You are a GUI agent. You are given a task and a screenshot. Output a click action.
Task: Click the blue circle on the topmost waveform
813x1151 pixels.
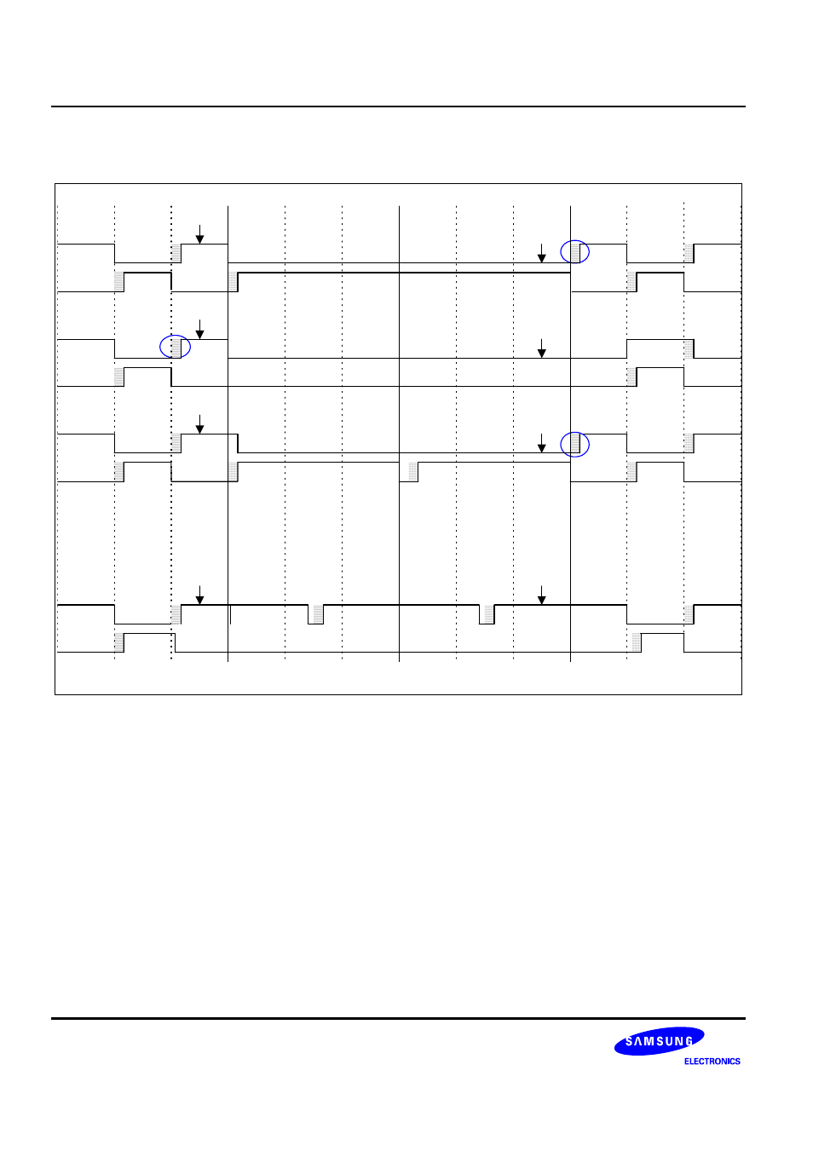pyautogui.click(x=574, y=251)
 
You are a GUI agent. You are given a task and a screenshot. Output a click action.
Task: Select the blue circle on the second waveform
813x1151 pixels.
pyautogui.click(x=175, y=346)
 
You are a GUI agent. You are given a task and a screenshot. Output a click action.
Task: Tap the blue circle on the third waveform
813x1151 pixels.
pyautogui.click(x=574, y=444)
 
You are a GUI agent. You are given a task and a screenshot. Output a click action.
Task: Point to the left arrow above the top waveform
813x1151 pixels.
pyautogui.click(x=200, y=234)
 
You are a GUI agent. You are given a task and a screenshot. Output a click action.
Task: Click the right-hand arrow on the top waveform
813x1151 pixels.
pyautogui.click(x=541, y=253)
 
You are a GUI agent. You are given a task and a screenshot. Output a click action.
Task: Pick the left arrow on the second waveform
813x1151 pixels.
pyautogui.click(x=200, y=329)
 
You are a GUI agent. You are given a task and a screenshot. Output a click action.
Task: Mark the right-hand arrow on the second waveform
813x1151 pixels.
pyautogui.click(x=541, y=348)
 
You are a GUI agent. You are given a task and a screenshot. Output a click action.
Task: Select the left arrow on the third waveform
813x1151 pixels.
pyautogui.click(x=200, y=424)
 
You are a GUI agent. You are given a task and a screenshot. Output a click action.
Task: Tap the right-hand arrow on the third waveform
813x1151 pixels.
pyautogui.click(x=541, y=443)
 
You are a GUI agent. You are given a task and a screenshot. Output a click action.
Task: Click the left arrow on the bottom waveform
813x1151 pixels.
pyautogui.click(x=200, y=595)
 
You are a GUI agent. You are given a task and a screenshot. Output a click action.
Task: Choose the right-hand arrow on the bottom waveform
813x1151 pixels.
pyautogui.click(x=541, y=595)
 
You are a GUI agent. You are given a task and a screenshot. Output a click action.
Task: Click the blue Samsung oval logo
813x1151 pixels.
pyautogui.click(x=659, y=1041)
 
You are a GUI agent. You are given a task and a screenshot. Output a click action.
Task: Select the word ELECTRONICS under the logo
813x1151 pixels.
pyautogui.click(x=712, y=1062)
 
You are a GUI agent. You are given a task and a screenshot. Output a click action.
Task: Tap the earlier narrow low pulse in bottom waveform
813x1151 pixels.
pyautogui.click(x=316, y=614)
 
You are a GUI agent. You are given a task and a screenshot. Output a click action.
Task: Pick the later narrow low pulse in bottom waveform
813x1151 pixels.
pyautogui.click(x=487, y=614)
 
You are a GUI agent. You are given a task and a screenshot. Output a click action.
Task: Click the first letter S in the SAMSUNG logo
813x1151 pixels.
pyautogui.click(x=629, y=1042)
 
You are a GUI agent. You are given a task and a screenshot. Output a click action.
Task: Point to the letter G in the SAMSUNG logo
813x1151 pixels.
pyautogui.click(x=689, y=1040)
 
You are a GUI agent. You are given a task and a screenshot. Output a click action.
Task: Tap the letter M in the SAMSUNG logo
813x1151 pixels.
pyautogui.click(x=649, y=1041)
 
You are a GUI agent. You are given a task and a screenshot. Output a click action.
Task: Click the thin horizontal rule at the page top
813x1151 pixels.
pyautogui.click(x=398, y=106)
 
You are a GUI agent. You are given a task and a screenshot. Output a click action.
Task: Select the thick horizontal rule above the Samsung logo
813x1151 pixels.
pyautogui.click(x=398, y=1018)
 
